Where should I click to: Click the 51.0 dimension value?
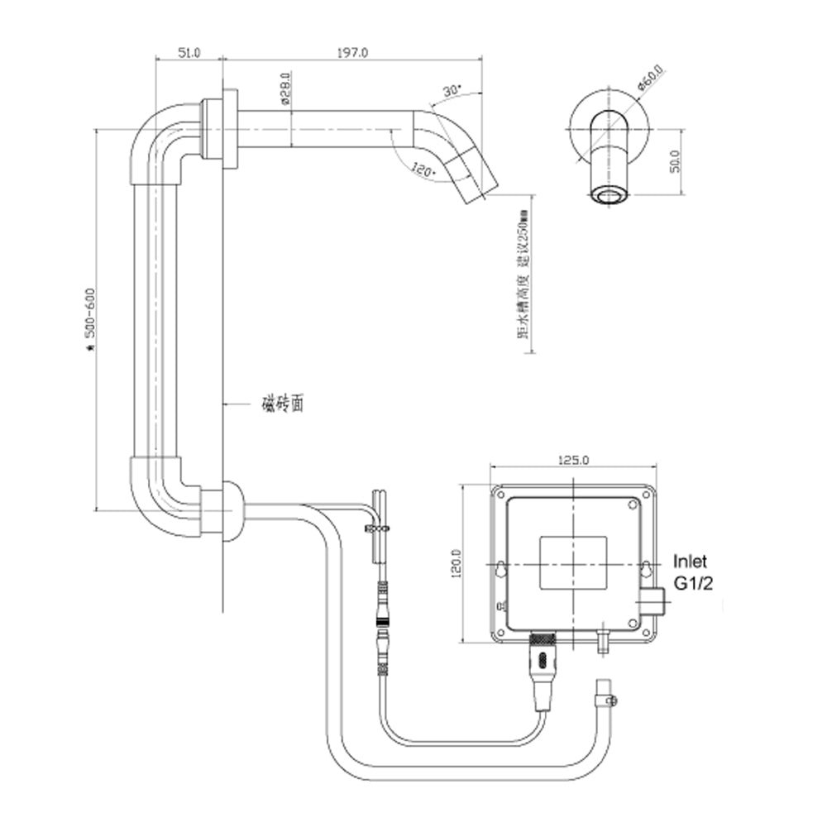tap(189, 52)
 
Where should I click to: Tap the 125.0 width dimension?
tap(574, 461)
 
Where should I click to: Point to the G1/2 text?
tap(693, 582)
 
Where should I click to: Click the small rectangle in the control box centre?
tap(572, 563)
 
